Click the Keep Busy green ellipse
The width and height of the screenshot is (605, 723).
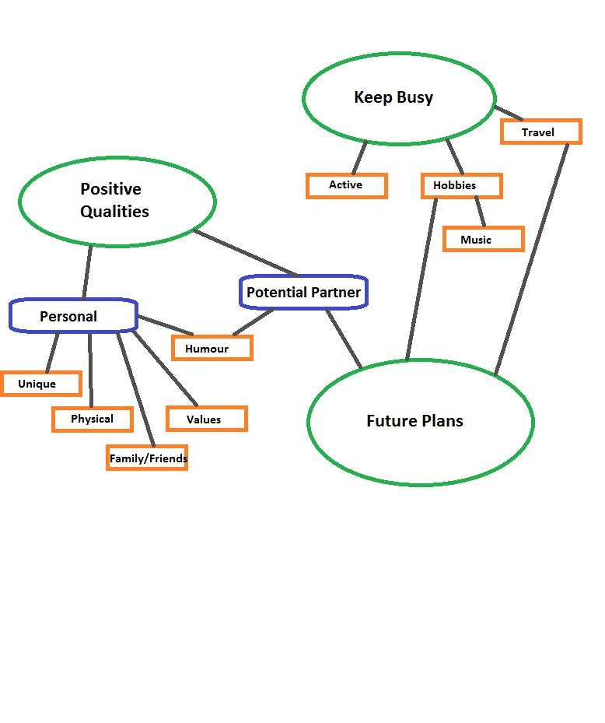tap(398, 98)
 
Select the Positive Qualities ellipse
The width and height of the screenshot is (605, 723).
tap(117, 202)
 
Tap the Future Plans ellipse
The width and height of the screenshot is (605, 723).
tap(420, 422)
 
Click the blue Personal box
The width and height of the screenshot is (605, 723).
tap(73, 316)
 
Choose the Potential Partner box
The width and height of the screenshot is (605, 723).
tap(302, 293)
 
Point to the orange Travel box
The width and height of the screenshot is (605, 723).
tap(540, 132)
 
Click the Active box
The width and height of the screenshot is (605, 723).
tap(346, 185)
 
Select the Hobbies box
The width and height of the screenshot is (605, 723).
tap(461, 186)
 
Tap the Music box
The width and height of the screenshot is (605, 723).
tap(483, 239)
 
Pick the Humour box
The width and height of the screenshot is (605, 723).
tap(212, 348)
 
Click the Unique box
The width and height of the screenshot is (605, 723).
tap(40, 384)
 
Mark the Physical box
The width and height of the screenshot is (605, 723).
tap(92, 419)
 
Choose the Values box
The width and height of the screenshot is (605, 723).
tap(206, 419)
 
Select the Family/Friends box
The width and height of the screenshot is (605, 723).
tap(147, 458)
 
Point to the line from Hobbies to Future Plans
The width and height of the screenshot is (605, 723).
tap(421, 280)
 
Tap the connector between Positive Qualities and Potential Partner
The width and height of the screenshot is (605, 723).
tap(245, 252)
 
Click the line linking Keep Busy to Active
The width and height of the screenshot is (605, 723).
tap(358, 158)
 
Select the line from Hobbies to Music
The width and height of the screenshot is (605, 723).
tap(480, 211)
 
